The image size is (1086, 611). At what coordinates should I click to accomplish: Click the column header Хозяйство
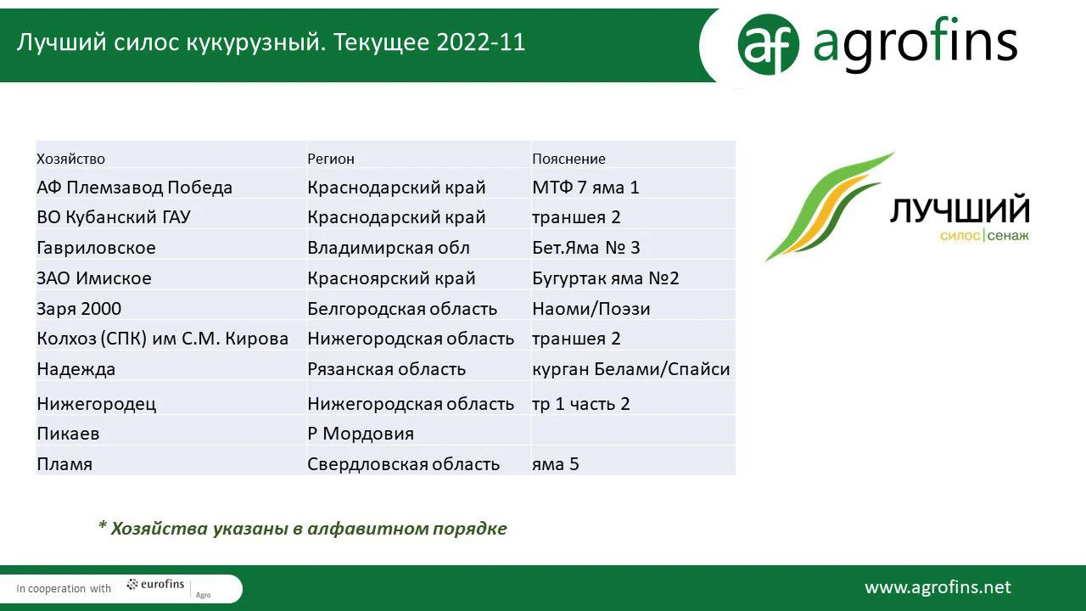pos(70,159)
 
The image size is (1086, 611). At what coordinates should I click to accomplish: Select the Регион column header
pos(331,159)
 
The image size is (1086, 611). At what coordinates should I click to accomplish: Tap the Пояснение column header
pos(568,159)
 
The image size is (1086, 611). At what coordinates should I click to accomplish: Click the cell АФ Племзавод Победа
pos(135,188)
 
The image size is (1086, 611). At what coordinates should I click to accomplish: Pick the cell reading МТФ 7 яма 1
pos(585,188)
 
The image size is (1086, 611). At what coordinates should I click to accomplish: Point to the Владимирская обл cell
pos(389,248)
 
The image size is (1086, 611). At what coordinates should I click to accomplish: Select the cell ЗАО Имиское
pos(94,278)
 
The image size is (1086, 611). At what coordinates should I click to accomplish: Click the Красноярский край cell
pos(391,278)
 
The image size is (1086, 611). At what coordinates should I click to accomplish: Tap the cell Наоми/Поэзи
pos(591,309)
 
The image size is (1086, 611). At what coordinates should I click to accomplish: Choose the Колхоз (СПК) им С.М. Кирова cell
pos(162,339)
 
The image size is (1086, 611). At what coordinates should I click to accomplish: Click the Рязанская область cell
pos(386,369)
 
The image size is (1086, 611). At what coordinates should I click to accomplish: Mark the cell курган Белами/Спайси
pos(630,369)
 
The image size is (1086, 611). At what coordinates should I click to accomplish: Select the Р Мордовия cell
pos(361,434)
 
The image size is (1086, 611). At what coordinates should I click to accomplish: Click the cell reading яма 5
pos(556,464)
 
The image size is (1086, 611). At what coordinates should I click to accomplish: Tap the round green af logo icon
pos(768,45)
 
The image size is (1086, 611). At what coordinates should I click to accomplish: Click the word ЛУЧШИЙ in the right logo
pos(960,210)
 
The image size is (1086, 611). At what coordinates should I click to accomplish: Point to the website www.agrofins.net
pos(938,588)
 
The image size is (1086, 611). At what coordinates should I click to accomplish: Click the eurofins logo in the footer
pos(155,585)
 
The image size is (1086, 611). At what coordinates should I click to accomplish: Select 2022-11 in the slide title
pos(481,42)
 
